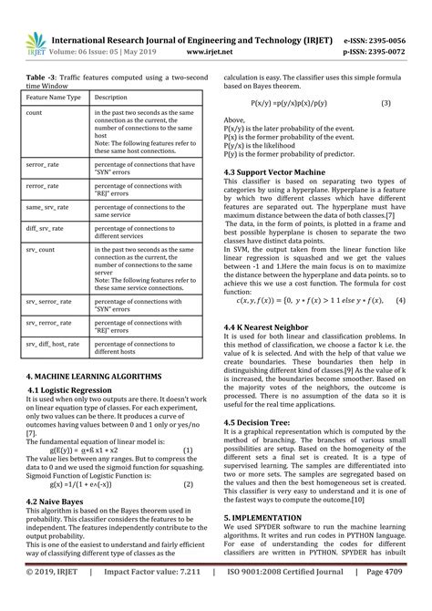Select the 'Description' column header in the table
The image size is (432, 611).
coord(111,96)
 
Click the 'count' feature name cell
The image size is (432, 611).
coord(35,112)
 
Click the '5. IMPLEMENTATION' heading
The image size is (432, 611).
coord(268,544)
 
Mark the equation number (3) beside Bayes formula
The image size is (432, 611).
coord(386,105)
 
